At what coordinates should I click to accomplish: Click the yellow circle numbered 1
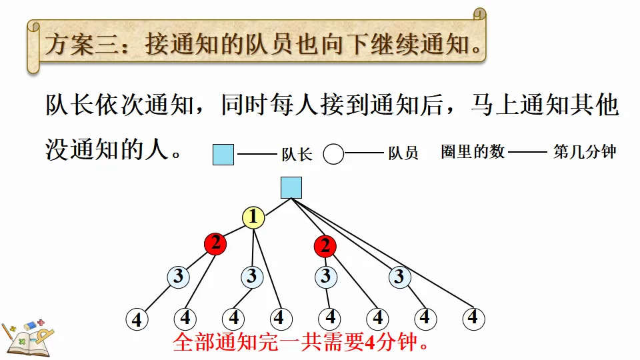253,217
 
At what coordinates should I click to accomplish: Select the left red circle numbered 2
215,244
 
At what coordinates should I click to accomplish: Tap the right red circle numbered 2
325,246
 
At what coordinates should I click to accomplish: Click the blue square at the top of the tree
291,188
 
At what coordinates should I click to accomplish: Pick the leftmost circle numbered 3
178,277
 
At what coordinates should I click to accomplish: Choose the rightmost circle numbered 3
399,277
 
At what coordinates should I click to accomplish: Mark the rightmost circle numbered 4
473,317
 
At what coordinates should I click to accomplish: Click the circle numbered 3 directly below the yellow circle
251,276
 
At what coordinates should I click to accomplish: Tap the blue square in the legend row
223,155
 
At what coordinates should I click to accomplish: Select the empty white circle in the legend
333,155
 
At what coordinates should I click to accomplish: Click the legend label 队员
403,153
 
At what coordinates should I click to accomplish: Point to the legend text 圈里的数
473,152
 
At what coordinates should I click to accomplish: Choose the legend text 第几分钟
585,152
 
